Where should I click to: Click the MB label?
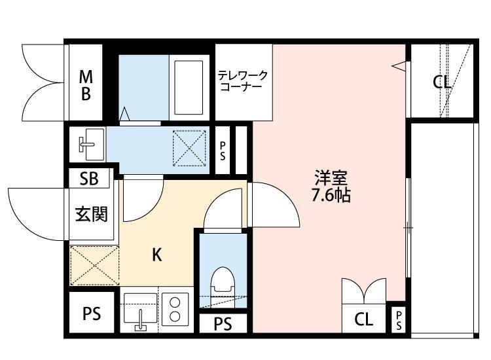click(x=86, y=85)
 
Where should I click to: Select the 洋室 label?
click(x=331, y=177)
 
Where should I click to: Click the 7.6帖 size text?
click(x=331, y=196)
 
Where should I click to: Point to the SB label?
click(x=90, y=179)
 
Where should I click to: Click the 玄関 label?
click(x=90, y=214)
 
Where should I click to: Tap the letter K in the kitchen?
click(x=157, y=255)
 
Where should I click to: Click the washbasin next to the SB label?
click(x=88, y=143)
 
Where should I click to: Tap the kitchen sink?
click(x=140, y=310)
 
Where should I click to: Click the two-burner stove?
click(x=175, y=310)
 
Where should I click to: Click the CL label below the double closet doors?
click(x=364, y=320)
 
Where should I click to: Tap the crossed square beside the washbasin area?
click(x=189, y=147)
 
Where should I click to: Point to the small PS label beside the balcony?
click(x=399, y=320)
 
